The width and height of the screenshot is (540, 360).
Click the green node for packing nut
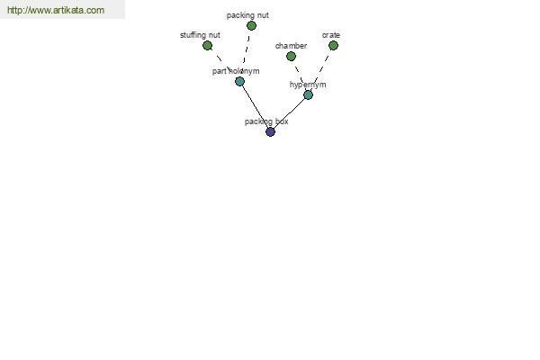[x=251, y=25]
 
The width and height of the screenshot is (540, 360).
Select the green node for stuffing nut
[x=207, y=46]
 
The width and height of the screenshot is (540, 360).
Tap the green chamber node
[x=291, y=56]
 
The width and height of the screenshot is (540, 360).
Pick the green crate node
[x=333, y=46]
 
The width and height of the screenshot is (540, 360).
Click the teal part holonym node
[x=239, y=82]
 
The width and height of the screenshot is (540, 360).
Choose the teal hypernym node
[x=308, y=94]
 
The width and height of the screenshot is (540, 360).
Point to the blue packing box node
[x=270, y=131]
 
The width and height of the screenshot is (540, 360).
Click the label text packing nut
[x=247, y=15]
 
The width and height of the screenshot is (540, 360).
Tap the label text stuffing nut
[x=200, y=35]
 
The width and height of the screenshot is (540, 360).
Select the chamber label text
[x=291, y=46]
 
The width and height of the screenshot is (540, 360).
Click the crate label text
[x=331, y=35]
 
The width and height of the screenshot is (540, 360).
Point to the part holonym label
[x=236, y=71]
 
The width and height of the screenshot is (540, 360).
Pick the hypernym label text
[x=308, y=85]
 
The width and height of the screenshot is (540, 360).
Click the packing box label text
[x=266, y=121]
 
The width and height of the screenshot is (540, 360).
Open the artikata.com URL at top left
[x=56, y=10]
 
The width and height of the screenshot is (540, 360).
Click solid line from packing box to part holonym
[x=255, y=107]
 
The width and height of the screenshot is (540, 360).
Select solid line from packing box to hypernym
[x=289, y=113]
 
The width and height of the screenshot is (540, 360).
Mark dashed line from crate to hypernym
[x=321, y=69]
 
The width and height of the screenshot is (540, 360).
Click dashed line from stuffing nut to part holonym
[x=222, y=63]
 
